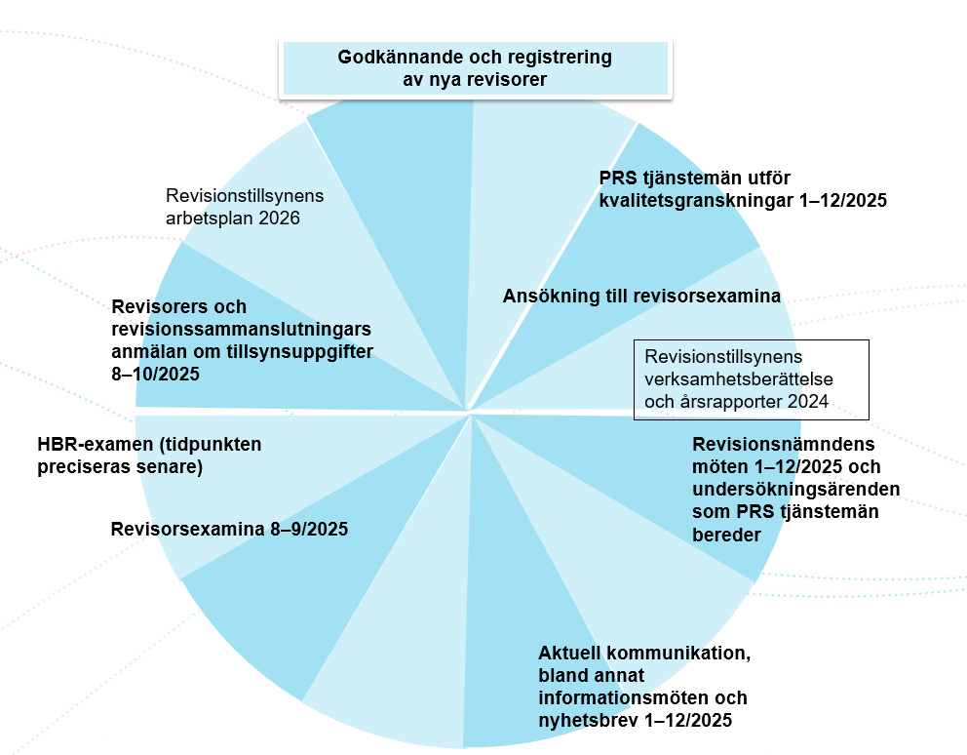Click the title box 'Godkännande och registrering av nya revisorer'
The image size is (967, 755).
(476, 68)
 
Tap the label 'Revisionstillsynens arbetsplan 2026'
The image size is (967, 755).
(245, 207)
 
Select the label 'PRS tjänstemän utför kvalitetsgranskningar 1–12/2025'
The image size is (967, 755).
(743, 189)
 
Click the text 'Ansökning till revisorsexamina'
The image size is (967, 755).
(642, 296)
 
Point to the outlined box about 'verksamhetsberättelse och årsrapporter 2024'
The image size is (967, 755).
(752, 379)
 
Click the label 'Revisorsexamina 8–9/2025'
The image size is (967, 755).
(229, 529)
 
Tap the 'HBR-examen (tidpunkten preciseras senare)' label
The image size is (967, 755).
(150, 455)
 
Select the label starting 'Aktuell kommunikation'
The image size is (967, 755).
(644, 687)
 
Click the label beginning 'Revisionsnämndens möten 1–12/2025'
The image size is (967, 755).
(796, 489)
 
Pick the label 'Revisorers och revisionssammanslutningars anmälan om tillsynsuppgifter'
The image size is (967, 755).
(243, 340)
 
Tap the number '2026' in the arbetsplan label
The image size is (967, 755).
(280, 218)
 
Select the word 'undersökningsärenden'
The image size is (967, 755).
(796, 489)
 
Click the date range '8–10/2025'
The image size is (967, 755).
(155, 375)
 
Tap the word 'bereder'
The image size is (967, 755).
(726, 535)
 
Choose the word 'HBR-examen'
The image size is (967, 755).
(95, 445)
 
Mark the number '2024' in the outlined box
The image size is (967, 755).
(807, 402)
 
